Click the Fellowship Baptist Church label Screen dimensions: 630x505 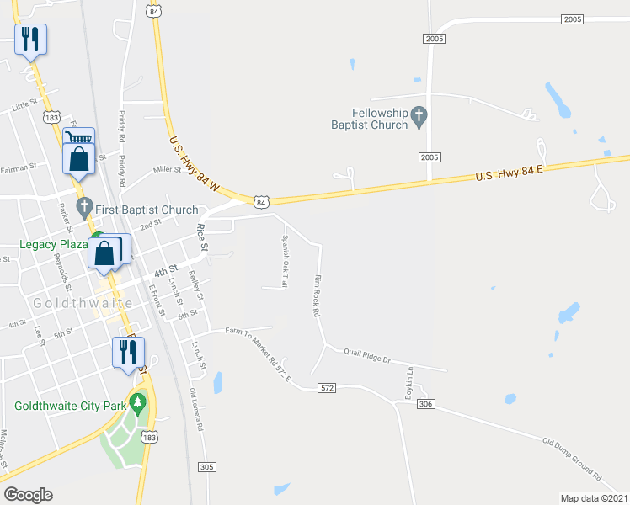(x=380, y=119)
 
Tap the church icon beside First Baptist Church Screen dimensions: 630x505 (x=83, y=205)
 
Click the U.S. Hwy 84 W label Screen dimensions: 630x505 (x=194, y=159)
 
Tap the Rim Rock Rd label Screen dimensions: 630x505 (x=318, y=295)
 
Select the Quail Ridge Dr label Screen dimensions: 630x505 (x=368, y=359)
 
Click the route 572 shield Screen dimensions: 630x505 (x=328, y=388)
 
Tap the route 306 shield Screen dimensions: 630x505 (x=425, y=405)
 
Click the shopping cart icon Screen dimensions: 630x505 (x=78, y=140)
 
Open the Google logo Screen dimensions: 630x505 (x=29, y=494)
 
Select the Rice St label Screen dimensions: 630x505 (x=201, y=238)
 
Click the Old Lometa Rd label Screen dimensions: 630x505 (x=196, y=409)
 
